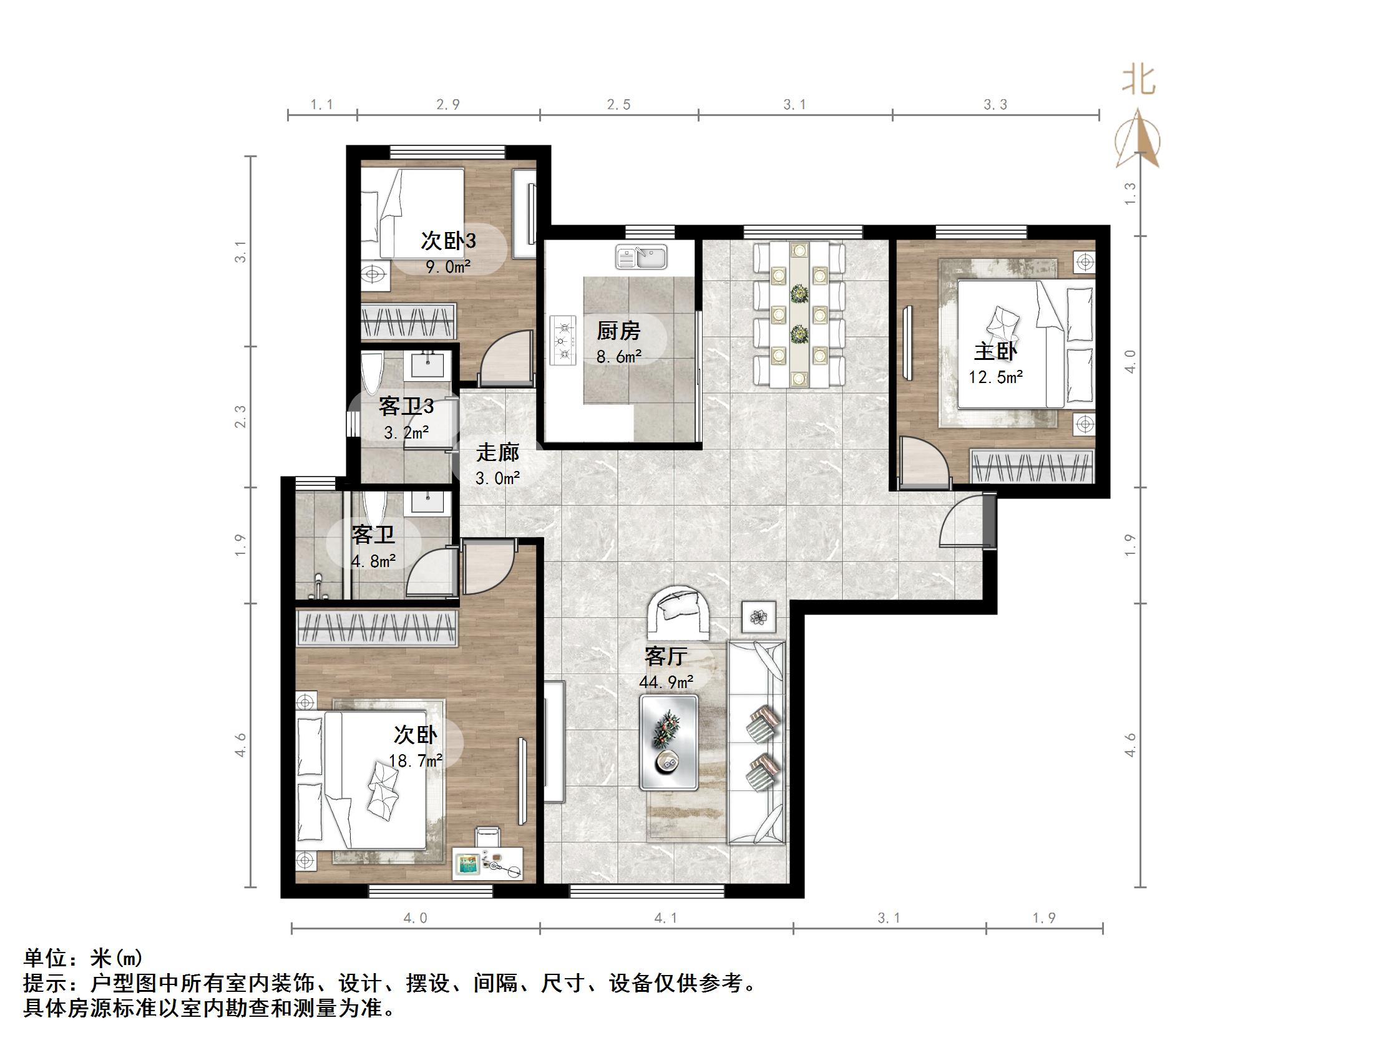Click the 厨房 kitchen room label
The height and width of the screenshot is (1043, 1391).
pyautogui.click(x=618, y=331)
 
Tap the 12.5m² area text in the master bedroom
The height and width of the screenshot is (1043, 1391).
pyautogui.click(x=995, y=377)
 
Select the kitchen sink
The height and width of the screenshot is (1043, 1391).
pyautogui.click(x=641, y=256)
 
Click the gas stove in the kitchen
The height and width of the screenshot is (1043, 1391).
pyautogui.click(x=563, y=340)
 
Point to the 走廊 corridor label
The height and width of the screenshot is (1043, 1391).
pyautogui.click(x=497, y=452)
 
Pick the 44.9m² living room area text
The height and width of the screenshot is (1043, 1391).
pyautogui.click(x=666, y=681)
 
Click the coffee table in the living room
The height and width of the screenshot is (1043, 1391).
pyautogui.click(x=668, y=742)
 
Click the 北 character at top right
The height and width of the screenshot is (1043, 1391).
pyautogui.click(x=1139, y=82)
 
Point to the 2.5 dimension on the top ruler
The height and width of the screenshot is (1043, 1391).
pyautogui.click(x=619, y=105)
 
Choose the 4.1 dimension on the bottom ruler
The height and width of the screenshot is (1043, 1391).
pyautogui.click(x=666, y=918)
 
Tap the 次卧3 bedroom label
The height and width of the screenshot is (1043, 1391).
pyautogui.click(x=447, y=241)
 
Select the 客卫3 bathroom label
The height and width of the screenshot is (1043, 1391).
pyautogui.click(x=406, y=407)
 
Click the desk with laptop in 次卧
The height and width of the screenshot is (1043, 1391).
pyautogui.click(x=487, y=863)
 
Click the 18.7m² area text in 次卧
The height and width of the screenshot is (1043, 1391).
pyautogui.click(x=415, y=760)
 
